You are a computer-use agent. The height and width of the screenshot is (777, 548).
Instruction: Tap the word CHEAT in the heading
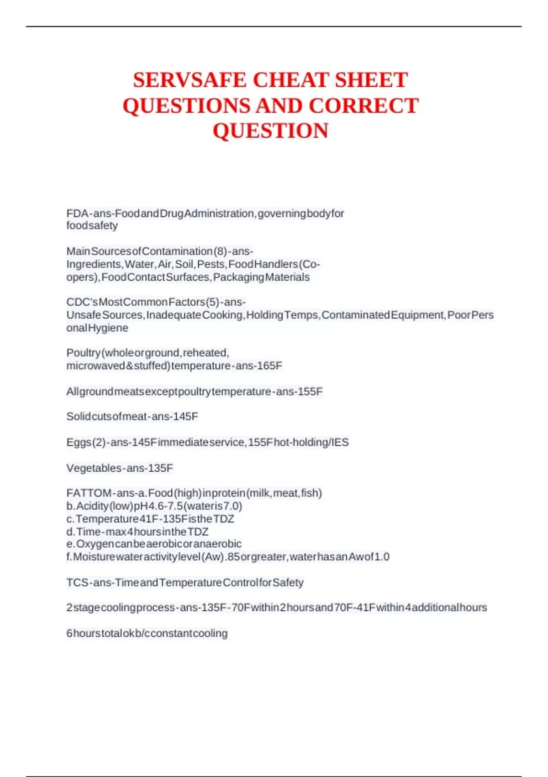(x=291, y=80)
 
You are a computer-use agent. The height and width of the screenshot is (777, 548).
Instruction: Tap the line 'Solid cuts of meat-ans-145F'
(x=132, y=416)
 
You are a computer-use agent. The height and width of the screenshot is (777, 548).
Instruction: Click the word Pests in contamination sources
(x=211, y=264)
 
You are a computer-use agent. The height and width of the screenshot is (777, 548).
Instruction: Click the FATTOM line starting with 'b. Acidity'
(x=154, y=506)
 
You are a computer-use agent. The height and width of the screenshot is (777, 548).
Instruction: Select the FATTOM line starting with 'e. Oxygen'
(x=154, y=544)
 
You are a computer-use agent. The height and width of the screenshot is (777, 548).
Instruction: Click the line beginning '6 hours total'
(x=147, y=633)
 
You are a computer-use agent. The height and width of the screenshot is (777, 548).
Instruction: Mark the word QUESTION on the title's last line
(x=270, y=131)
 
